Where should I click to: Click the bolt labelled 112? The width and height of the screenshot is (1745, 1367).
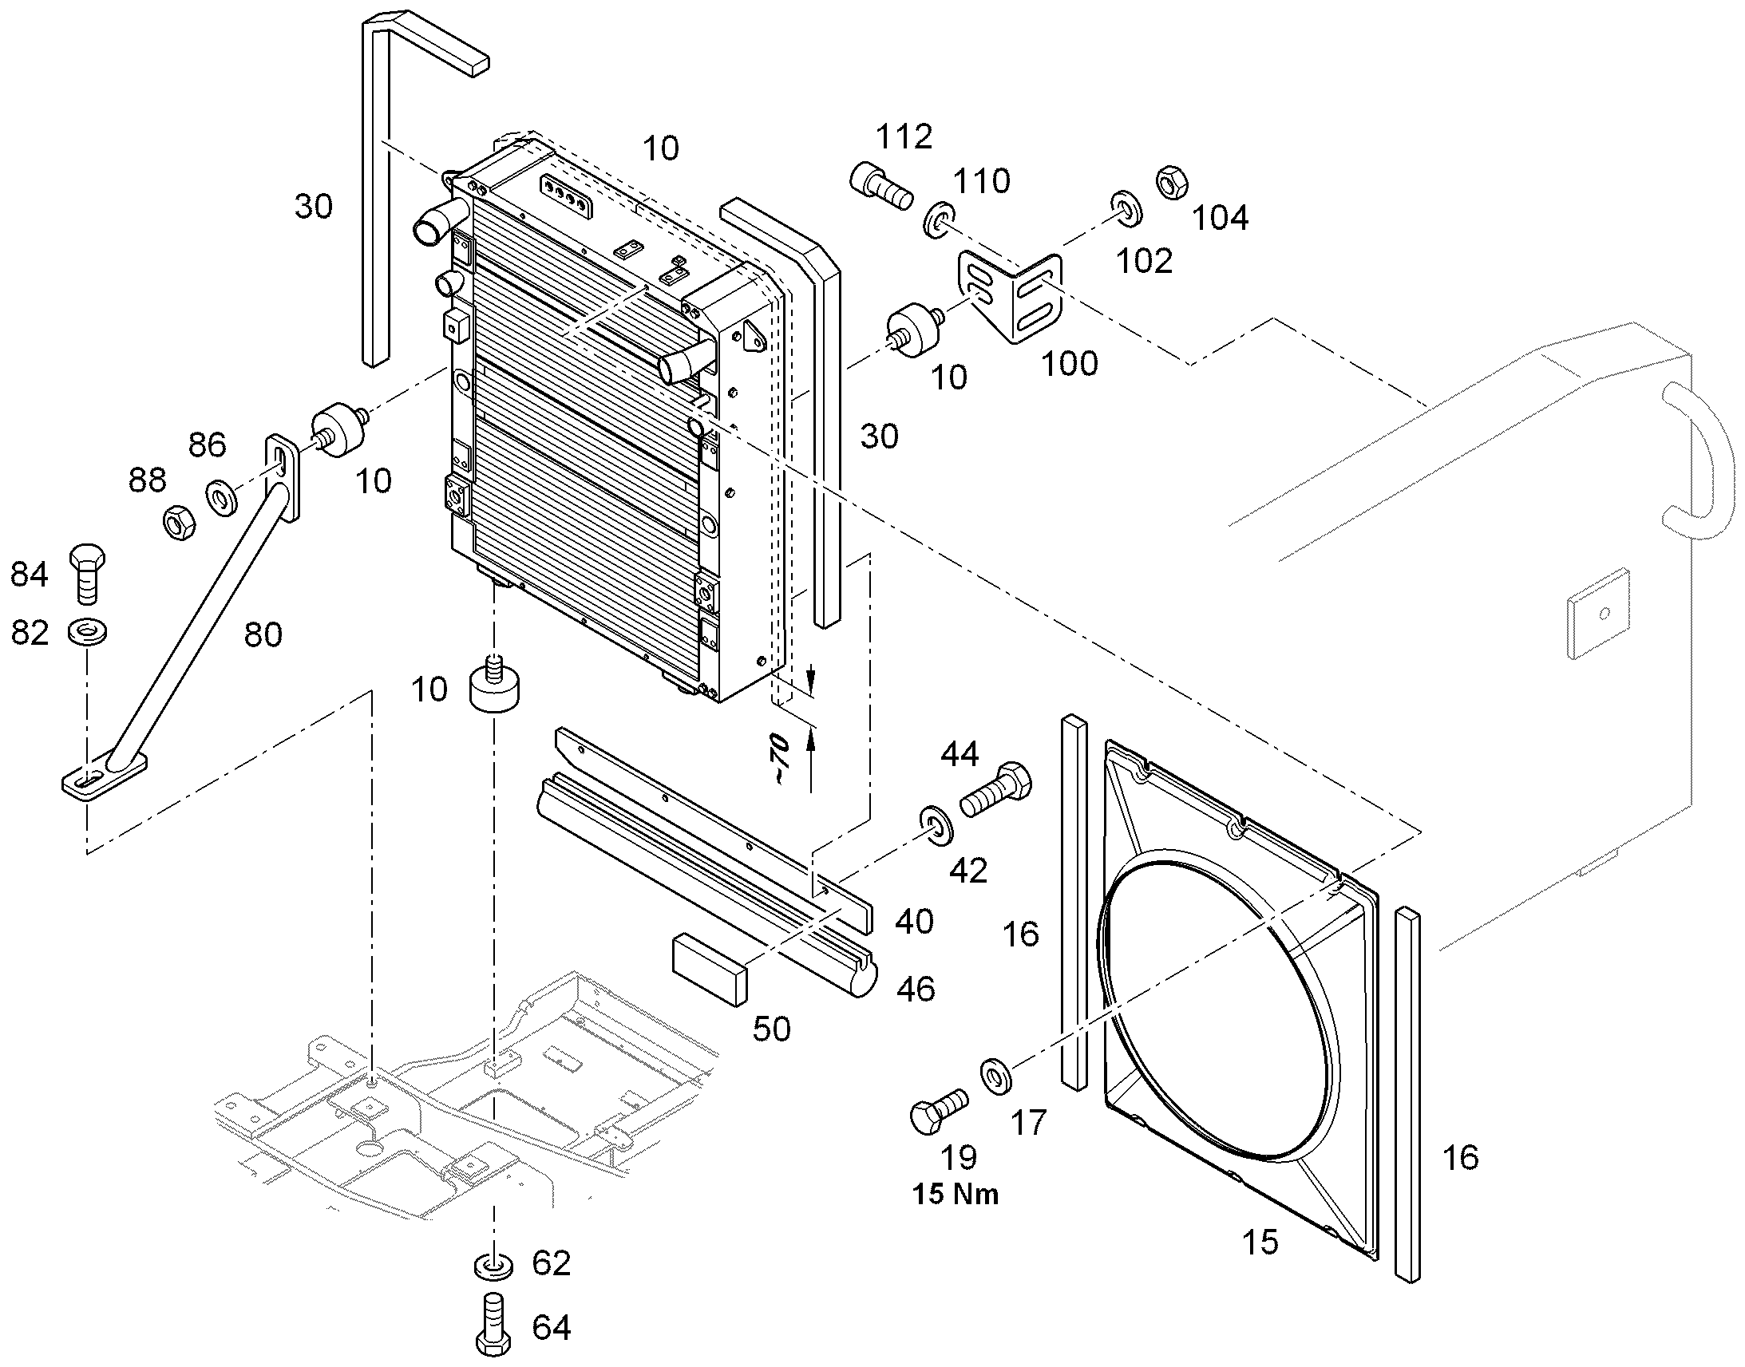pyautogui.click(x=880, y=186)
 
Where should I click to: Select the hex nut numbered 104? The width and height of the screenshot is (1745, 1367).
pyautogui.click(x=1172, y=183)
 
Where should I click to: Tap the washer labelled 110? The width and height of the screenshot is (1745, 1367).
pyautogui.click(x=940, y=221)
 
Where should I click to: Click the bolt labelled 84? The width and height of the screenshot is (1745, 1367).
pyautogui.click(x=88, y=575)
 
